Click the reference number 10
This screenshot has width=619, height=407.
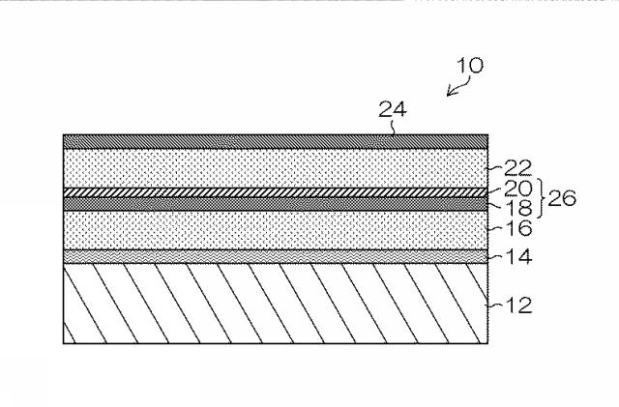(470, 66)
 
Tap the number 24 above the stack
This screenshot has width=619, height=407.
(393, 109)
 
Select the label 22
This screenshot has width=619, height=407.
(517, 168)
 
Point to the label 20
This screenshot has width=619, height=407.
(518, 189)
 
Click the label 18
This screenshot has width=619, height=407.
(518, 208)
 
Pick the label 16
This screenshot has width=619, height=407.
(518, 228)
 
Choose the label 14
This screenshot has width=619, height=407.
(518, 256)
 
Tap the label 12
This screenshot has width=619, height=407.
(518, 305)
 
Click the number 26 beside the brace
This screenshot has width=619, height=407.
(562, 198)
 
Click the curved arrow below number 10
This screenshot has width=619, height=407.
(459, 87)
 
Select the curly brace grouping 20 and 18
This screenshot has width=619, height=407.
(541, 198)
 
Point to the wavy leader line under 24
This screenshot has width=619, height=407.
(393, 127)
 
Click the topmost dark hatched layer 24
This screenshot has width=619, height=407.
(276, 142)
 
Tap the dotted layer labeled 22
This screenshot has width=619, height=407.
(276, 168)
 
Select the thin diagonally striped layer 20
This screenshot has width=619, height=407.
(276, 192)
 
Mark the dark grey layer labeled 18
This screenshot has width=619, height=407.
(276, 204)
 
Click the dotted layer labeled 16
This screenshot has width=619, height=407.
(276, 230)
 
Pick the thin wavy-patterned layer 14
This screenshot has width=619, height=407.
(276, 256)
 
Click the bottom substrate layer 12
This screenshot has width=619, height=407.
(276, 304)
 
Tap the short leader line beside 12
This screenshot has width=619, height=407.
(495, 305)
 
